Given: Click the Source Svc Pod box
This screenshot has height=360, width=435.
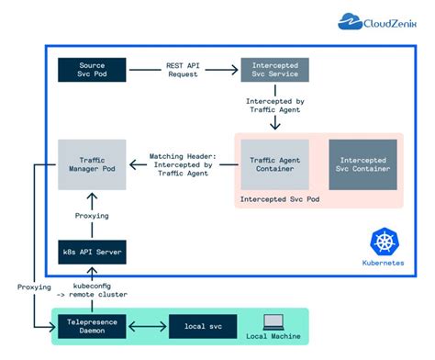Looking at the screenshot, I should point(92,71).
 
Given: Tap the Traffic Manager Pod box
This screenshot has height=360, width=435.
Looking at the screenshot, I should point(92,164).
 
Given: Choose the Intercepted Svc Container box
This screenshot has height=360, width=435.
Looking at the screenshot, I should point(362,164).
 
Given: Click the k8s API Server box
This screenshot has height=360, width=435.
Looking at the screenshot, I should point(92,251).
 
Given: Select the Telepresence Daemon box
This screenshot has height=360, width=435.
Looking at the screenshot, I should point(92,326).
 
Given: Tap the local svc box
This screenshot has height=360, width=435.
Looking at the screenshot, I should point(202,326).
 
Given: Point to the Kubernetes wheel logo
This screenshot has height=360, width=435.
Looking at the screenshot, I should point(383,242).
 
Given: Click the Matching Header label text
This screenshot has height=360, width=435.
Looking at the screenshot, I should point(183,164).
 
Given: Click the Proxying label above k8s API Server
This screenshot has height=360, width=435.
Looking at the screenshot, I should point(92,216).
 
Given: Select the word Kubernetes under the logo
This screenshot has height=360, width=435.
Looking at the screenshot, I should point(383,263).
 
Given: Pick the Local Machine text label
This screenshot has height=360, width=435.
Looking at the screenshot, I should point(276,337).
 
